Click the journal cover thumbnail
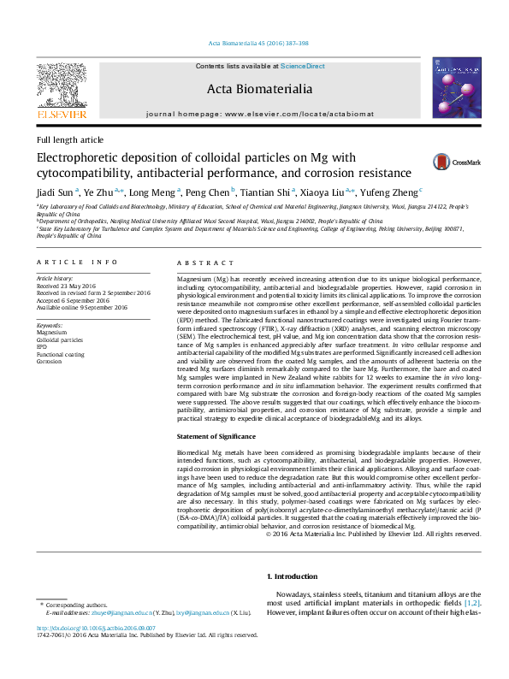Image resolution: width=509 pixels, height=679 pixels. click(456, 90)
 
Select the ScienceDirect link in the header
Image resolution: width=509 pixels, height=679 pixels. click(303, 66)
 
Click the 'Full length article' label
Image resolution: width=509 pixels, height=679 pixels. click(69, 139)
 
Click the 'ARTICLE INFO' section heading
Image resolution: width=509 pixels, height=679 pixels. click(77, 262)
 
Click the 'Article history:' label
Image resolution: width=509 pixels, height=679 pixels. click(55, 279)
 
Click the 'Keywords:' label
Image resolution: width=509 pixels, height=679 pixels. click(50, 326)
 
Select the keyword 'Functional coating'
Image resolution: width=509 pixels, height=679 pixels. click(61, 354)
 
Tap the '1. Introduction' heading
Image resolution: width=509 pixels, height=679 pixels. click(292, 576)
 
